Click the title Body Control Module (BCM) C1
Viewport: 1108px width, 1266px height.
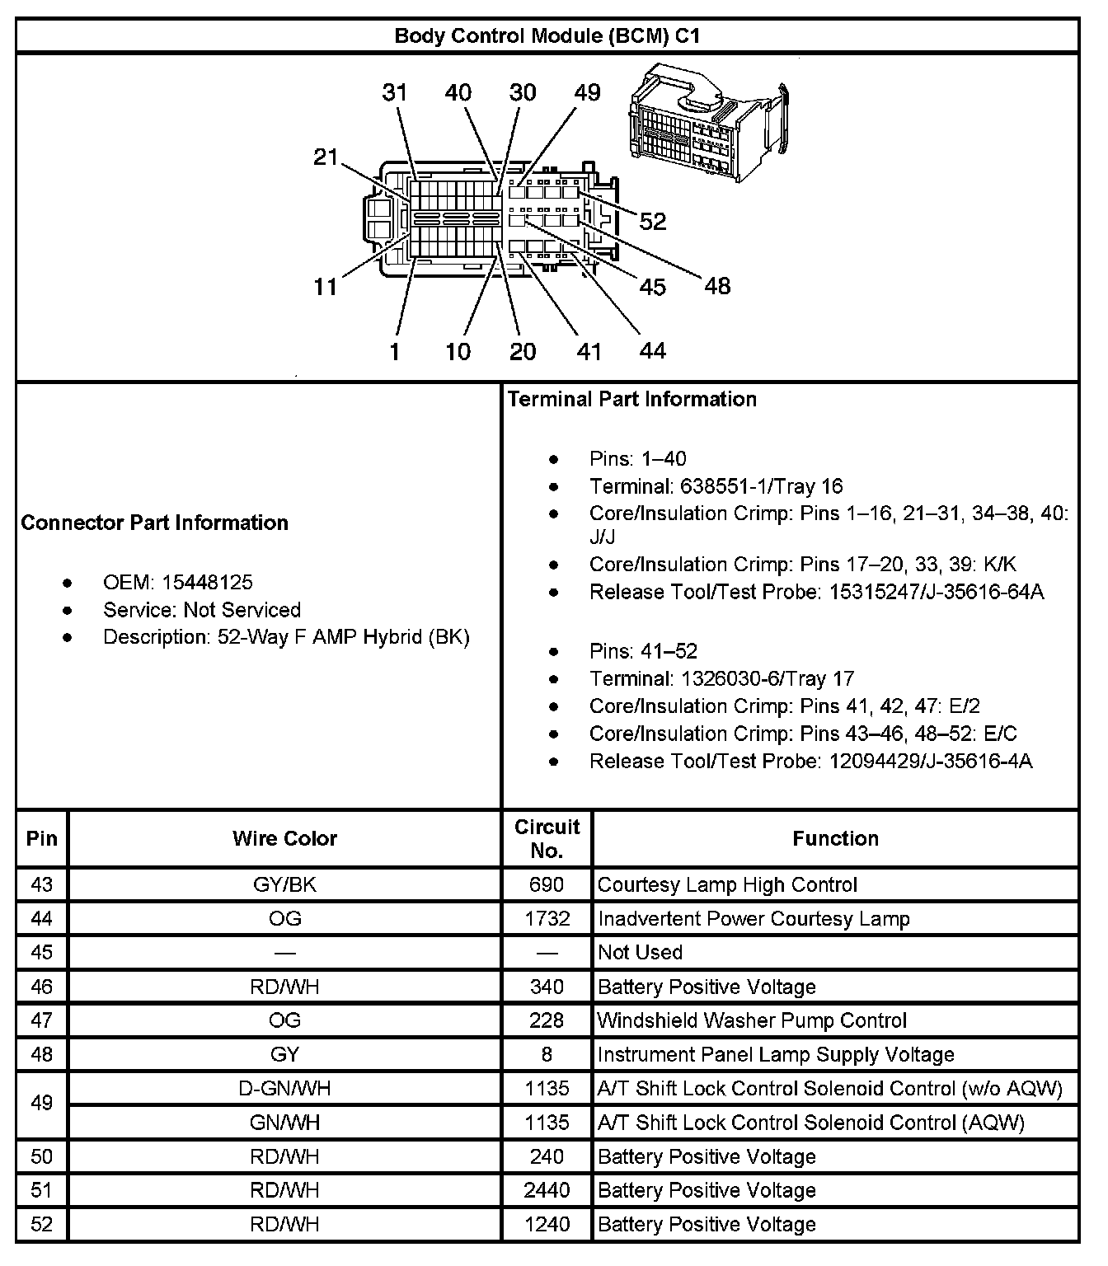(547, 36)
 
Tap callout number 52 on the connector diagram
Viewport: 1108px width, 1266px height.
(652, 221)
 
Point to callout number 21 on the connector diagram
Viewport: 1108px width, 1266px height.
(326, 157)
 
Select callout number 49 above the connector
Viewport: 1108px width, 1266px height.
(587, 92)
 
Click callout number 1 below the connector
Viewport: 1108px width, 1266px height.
(395, 352)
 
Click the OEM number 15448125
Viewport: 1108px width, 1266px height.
(207, 583)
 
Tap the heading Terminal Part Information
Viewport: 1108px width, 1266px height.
(631, 400)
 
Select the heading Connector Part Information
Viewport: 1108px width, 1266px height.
(154, 523)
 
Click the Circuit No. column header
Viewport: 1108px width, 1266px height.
(547, 838)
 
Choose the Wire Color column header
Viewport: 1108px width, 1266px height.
(284, 839)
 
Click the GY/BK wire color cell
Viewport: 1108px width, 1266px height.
(284, 885)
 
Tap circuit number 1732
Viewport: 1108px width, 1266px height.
(547, 919)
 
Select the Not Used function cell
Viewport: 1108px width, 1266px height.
(641, 953)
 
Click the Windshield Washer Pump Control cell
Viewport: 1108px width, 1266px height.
(752, 1020)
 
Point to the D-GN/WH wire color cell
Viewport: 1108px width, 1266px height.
(284, 1089)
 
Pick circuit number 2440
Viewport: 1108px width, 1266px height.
(547, 1190)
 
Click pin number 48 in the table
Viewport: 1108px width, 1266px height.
(41, 1054)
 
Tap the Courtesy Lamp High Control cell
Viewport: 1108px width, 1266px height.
(727, 885)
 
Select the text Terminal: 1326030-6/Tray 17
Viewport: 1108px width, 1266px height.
(721, 679)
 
